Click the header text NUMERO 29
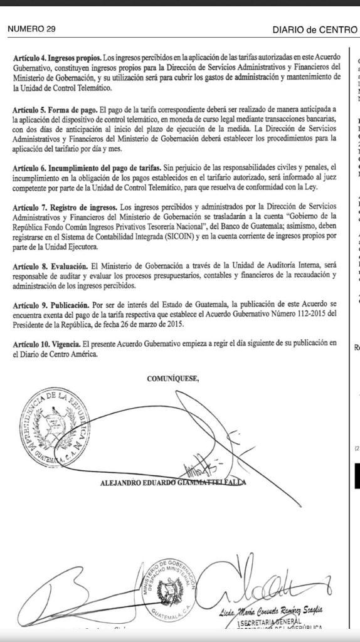[x=31, y=29]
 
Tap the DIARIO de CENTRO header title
[x=314, y=29]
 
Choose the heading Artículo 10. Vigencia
[x=48, y=343]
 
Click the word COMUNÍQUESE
[x=172, y=379]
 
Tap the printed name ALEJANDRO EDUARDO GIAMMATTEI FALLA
[x=173, y=482]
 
